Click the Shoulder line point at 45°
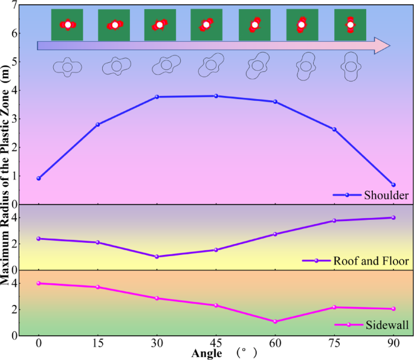[x=216, y=96]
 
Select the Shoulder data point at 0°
[x=39, y=178]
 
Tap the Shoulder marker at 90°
[x=393, y=185]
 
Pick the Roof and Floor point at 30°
[x=157, y=257]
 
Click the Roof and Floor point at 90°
[x=393, y=217]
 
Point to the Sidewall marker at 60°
[x=275, y=321]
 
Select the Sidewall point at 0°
[x=39, y=283]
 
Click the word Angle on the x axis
[x=207, y=353]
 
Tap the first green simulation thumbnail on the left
[x=67, y=25]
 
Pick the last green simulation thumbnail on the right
[x=350, y=25]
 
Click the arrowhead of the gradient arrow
[x=381, y=45]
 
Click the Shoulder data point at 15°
[x=97, y=124]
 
